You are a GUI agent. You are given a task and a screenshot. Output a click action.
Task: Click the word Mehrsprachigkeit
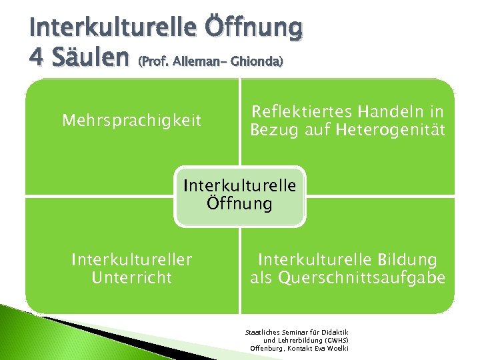[x=131, y=121]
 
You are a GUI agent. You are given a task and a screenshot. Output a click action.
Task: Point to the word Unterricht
[x=131, y=277]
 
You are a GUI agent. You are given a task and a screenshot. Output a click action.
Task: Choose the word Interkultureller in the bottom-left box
[x=131, y=259]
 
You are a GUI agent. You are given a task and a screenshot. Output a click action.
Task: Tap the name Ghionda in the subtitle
[x=259, y=62]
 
